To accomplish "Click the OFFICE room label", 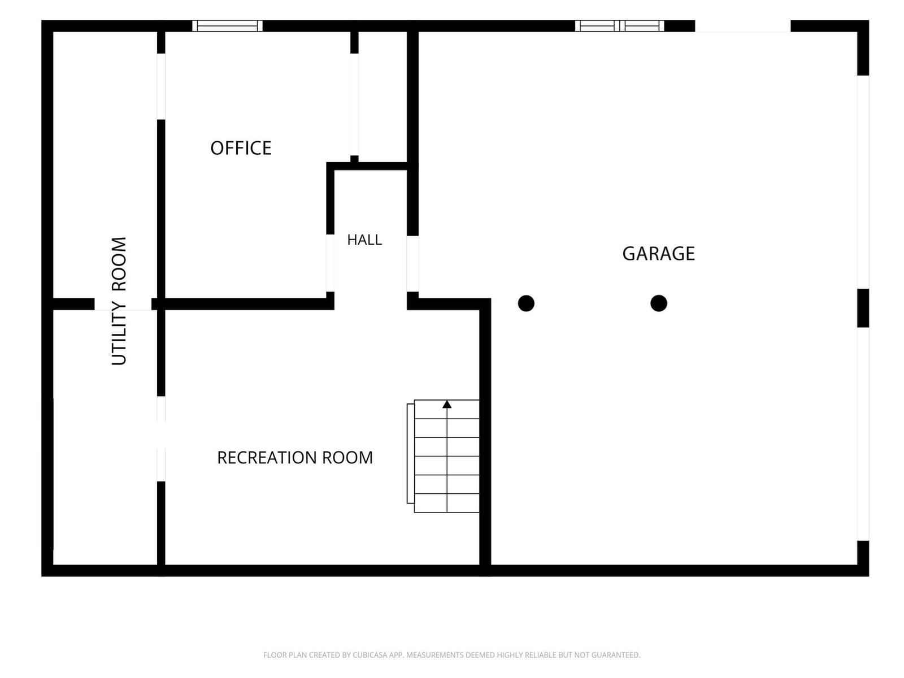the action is [x=241, y=148].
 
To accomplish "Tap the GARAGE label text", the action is [x=658, y=254].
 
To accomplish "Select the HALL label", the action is [x=364, y=240].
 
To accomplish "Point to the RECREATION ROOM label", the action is [x=295, y=458].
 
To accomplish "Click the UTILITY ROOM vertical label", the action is [x=119, y=301].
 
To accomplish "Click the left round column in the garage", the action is [x=526, y=303].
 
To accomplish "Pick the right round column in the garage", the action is [x=659, y=303].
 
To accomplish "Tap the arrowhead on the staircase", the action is [x=447, y=404].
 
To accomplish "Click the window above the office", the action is [x=227, y=26].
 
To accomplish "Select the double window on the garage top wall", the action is [x=619, y=26].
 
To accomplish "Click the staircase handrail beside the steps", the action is [x=410, y=453].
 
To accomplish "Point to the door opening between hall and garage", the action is [x=412, y=264].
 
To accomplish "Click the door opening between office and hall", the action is [x=330, y=263].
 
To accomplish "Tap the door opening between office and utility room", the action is [x=161, y=86].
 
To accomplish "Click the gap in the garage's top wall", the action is [x=742, y=26].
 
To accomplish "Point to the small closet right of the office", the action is [x=383, y=97].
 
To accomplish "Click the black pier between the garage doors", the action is [x=863, y=308].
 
